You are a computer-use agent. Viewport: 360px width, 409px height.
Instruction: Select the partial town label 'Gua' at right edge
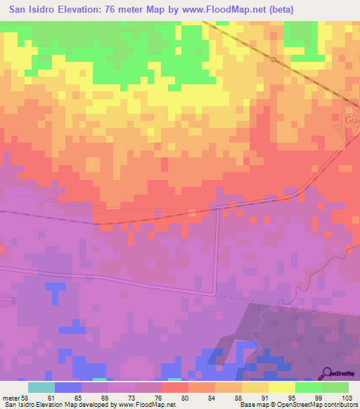(352, 120)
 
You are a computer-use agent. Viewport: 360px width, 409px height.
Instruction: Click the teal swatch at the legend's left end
(41, 387)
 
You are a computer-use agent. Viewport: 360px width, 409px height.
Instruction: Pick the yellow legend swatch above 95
(282, 387)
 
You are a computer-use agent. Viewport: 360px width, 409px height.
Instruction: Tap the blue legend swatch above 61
(68, 387)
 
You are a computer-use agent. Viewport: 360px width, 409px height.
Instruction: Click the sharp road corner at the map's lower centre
(214, 293)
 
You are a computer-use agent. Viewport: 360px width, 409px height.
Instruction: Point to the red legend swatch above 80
(175, 387)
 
